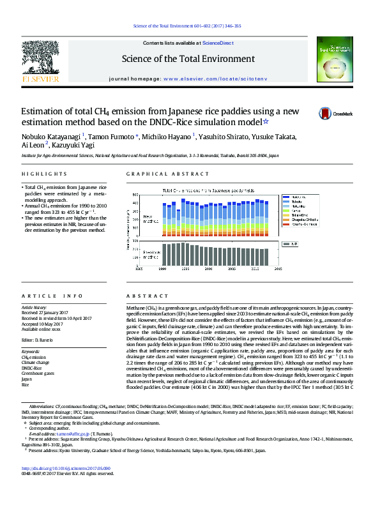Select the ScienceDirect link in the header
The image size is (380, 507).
pyautogui.click(x=217, y=42)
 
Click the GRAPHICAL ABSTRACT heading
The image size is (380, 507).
pyautogui.click(x=159, y=174)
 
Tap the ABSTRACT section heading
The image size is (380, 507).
pyautogui.click(x=142, y=296)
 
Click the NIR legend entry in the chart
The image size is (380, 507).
pyautogui.click(x=294, y=244)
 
